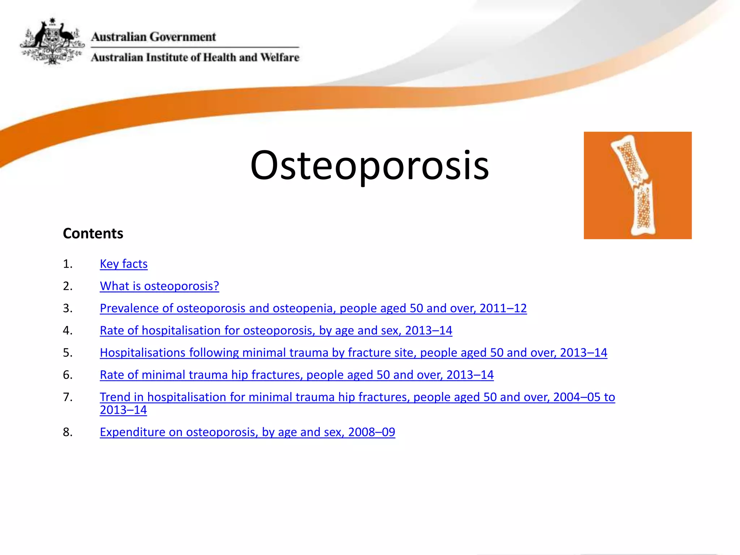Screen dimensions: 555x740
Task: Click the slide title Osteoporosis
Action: click(369, 165)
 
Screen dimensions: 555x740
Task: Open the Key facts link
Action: click(124, 264)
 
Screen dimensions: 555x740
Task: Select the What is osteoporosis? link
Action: click(159, 286)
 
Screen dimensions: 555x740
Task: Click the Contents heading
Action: click(93, 233)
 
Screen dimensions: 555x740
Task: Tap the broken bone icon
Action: click(637, 185)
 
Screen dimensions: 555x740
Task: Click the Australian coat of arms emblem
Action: click(52, 42)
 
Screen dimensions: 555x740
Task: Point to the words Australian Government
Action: click(153, 37)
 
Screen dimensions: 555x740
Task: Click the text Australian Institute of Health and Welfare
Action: click(195, 57)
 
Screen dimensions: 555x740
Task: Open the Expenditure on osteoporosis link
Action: click(247, 432)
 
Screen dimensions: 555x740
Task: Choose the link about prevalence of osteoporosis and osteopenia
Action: click(313, 308)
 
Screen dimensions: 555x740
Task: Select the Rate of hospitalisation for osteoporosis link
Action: click(276, 331)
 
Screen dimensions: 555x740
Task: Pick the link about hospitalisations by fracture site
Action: click(353, 353)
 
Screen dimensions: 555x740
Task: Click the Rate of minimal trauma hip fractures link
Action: click(296, 375)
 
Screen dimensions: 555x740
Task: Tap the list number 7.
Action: click(68, 397)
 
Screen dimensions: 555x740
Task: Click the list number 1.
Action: click(68, 264)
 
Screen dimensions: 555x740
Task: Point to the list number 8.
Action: click(68, 432)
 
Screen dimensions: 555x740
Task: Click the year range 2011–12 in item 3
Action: click(503, 308)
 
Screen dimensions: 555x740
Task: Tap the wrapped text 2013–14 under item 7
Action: click(123, 410)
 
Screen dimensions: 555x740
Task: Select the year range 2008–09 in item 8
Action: click(371, 432)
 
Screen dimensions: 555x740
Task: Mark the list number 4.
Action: click(68, 331)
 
